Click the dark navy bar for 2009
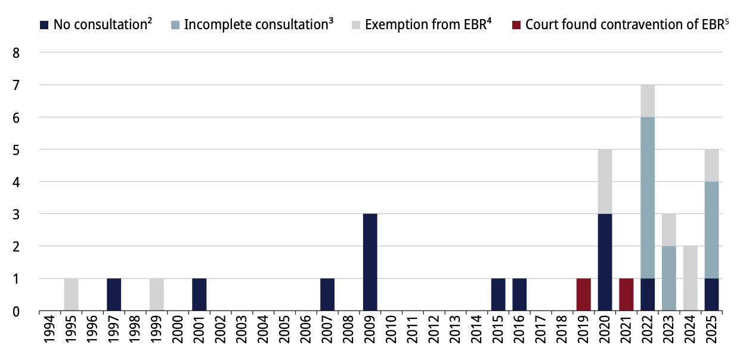click(x=370, y=262)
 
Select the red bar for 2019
click(x=583, y=294)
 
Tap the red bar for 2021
click(x=626, y=294)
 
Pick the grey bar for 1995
click(x=71, y=294)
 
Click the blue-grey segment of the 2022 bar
click(x=648, y=197)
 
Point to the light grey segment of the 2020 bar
click(x=605, y=181)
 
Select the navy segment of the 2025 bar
click(x=711, y=294)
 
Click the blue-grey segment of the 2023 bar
click(x=669, y=278)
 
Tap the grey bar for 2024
click(x=690, y=278)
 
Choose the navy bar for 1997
click(x=114, y=294)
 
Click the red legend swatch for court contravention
click(x=516, y=25)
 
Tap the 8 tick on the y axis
click(x=17, y=52)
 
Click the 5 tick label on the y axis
click(x=17, y=150)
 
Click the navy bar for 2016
click(x=519, y=294)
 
